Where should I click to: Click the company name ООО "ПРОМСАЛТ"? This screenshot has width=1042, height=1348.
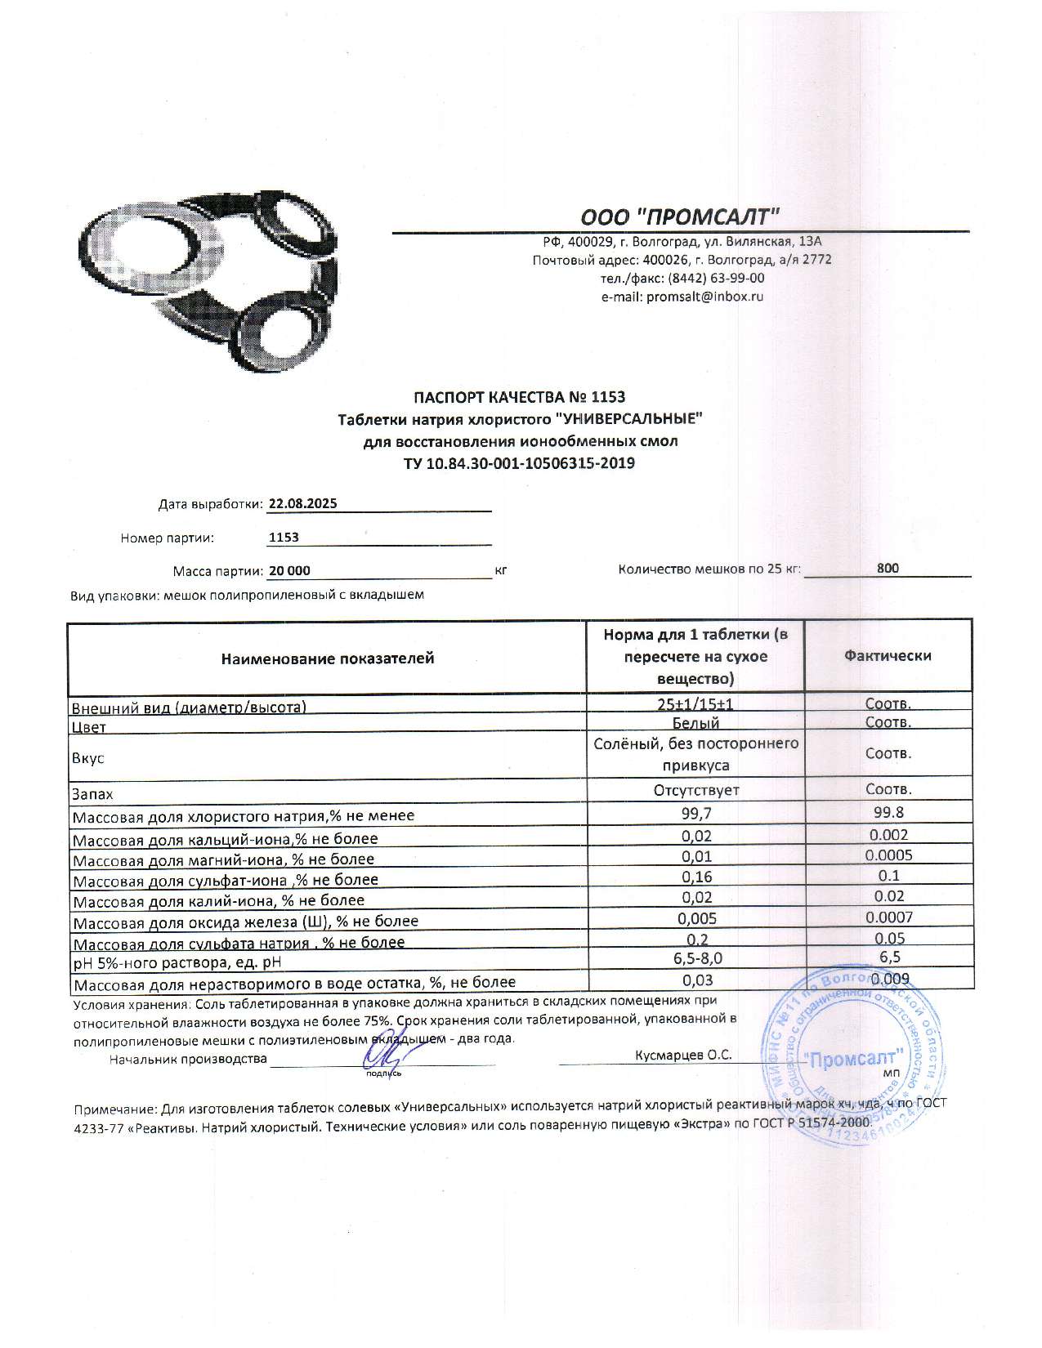[680, 216]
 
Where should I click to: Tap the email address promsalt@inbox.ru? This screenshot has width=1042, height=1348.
[704, 297]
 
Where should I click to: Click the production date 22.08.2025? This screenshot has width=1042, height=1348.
[302, 504]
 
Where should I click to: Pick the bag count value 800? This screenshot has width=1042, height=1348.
[888, 569]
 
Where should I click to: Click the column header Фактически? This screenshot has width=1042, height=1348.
[888, 656]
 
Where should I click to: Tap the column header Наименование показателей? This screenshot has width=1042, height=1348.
[327, 658]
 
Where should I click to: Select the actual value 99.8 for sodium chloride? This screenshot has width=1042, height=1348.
[888, 813]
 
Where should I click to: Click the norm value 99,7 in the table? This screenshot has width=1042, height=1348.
[695, 814]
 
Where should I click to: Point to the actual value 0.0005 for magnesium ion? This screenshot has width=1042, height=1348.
[888, 855]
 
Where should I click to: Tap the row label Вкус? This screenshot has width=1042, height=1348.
[88, 759]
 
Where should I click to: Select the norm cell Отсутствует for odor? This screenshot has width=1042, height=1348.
[695, 791]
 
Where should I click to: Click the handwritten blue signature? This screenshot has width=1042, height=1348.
[382, 1057]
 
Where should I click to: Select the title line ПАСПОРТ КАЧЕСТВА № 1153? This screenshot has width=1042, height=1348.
[519, 398]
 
